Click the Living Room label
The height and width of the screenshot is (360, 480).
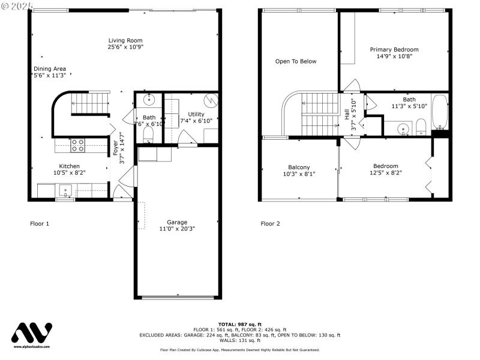click(125, 40)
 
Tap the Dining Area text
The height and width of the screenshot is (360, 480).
click(49, 68)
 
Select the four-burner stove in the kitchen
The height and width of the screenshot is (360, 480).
click(78, 145)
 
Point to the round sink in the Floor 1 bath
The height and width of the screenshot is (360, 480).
click(148, 100)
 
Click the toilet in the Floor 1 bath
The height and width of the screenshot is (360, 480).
click(148, 137)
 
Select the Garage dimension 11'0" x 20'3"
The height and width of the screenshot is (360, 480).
click(177, 229)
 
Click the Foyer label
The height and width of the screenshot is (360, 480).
click(115, 148)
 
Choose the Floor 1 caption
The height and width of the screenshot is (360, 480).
click(40, 224)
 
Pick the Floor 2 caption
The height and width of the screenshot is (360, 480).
click(270, 224)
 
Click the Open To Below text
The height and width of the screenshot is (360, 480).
click(295, 61)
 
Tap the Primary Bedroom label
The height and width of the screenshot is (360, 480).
click(394, 49)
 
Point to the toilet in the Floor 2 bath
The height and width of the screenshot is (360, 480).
click(421, 126)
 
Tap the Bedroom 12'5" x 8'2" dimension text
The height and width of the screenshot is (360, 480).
click(385, 173)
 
